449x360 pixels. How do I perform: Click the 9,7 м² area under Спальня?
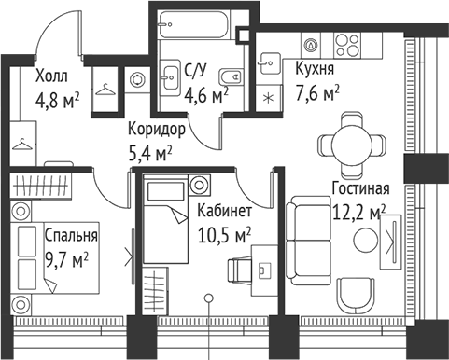(x=67, y=256)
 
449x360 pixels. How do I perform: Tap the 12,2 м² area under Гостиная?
(x=358, y=213)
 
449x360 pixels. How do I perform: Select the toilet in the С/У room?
(x=234, y=76)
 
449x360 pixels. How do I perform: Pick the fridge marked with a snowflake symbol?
(x=270, y=97)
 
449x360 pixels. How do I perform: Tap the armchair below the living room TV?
(x=358, y=298)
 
